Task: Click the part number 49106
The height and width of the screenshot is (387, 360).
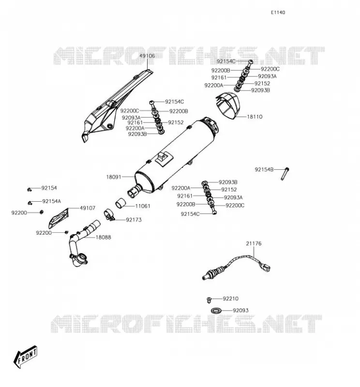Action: [x=147, y=56]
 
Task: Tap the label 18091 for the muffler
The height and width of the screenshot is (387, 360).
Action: [x=114, y=177]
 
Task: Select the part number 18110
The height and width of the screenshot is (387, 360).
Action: [x=255, y=117]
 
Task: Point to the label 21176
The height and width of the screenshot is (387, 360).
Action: [x=254, y=243]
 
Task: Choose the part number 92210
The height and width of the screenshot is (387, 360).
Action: [x=231, y=298]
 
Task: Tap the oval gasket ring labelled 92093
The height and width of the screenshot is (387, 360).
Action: [x=216, y=310]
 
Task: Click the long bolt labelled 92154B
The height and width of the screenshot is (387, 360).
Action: [x=285, y=174]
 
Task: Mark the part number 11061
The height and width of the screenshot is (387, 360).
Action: [x=142, y=206]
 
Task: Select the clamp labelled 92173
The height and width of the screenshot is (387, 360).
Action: [x=109, y=215]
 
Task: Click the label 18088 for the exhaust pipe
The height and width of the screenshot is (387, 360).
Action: [x=103, y=237]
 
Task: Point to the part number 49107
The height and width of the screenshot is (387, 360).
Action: [x=88, y=208]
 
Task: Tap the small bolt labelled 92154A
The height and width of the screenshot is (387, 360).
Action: [x=30, y=203]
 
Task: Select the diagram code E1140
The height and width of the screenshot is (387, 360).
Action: [x=278, y=13]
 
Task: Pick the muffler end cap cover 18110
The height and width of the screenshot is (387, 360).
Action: [x=228, y=105]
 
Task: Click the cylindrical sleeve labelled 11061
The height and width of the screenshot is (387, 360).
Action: [x=121, y=203]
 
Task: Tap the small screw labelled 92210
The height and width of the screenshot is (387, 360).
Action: [x=209, y=300]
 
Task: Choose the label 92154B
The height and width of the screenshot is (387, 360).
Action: [x=264, y=170]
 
